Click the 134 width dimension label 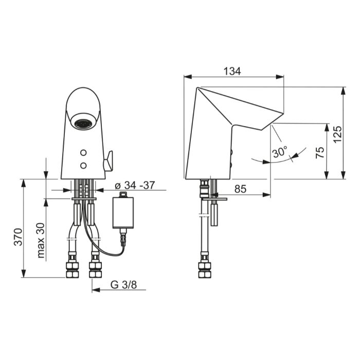232,71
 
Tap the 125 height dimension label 337,134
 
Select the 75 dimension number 320,152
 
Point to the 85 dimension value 240,189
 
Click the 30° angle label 280,152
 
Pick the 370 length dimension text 19,237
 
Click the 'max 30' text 41,240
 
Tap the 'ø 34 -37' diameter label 135,185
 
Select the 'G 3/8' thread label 123,285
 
